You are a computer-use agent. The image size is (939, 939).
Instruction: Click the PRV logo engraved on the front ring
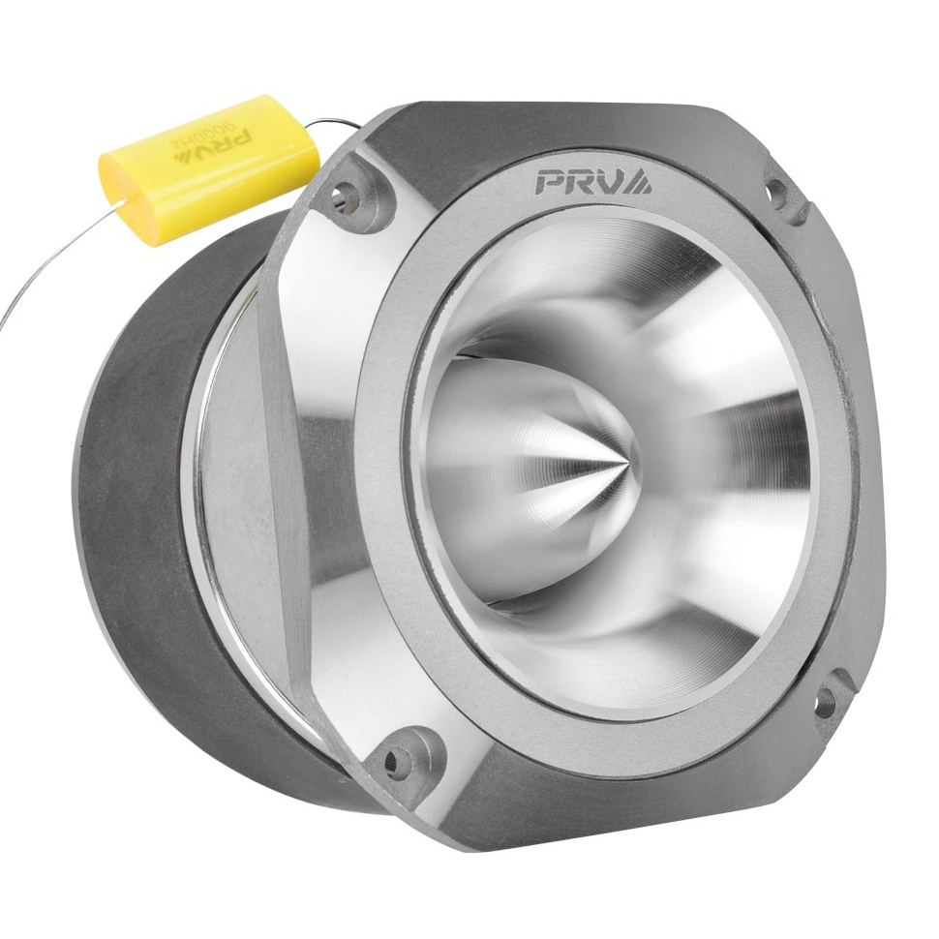pyautogui.click(x=593, y=181)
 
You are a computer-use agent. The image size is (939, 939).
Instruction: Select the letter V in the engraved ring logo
pyautogui.click(x=612, y=181)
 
